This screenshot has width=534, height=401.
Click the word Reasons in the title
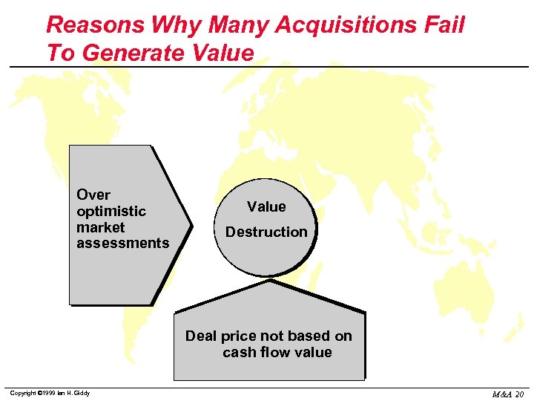[x=96, y=26]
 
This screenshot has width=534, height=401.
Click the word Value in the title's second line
[x=220, y=53]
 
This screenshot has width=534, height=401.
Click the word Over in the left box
[x=93, y=195]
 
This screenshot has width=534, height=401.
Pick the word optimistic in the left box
[x=111, y=212]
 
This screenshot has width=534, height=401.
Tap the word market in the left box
[x=101, y=227]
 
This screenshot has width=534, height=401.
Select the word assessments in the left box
[x=123, y=244]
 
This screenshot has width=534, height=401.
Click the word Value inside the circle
[x=266, y=207]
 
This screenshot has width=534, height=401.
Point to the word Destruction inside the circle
[x=266, y=232]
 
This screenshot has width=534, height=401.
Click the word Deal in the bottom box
[x=201, y=336]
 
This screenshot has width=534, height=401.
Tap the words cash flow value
[x=277, y=353]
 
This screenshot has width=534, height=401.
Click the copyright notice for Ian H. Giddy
[x=50, y=393]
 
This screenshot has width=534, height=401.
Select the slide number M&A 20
[x=508, y=394]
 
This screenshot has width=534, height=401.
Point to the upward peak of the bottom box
[x=270, y=282]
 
